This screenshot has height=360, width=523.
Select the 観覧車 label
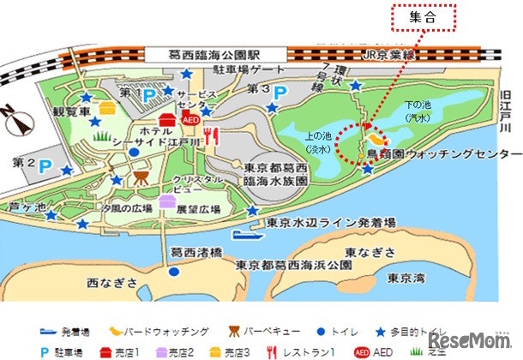pyautogui.click(x=71, y=111)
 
